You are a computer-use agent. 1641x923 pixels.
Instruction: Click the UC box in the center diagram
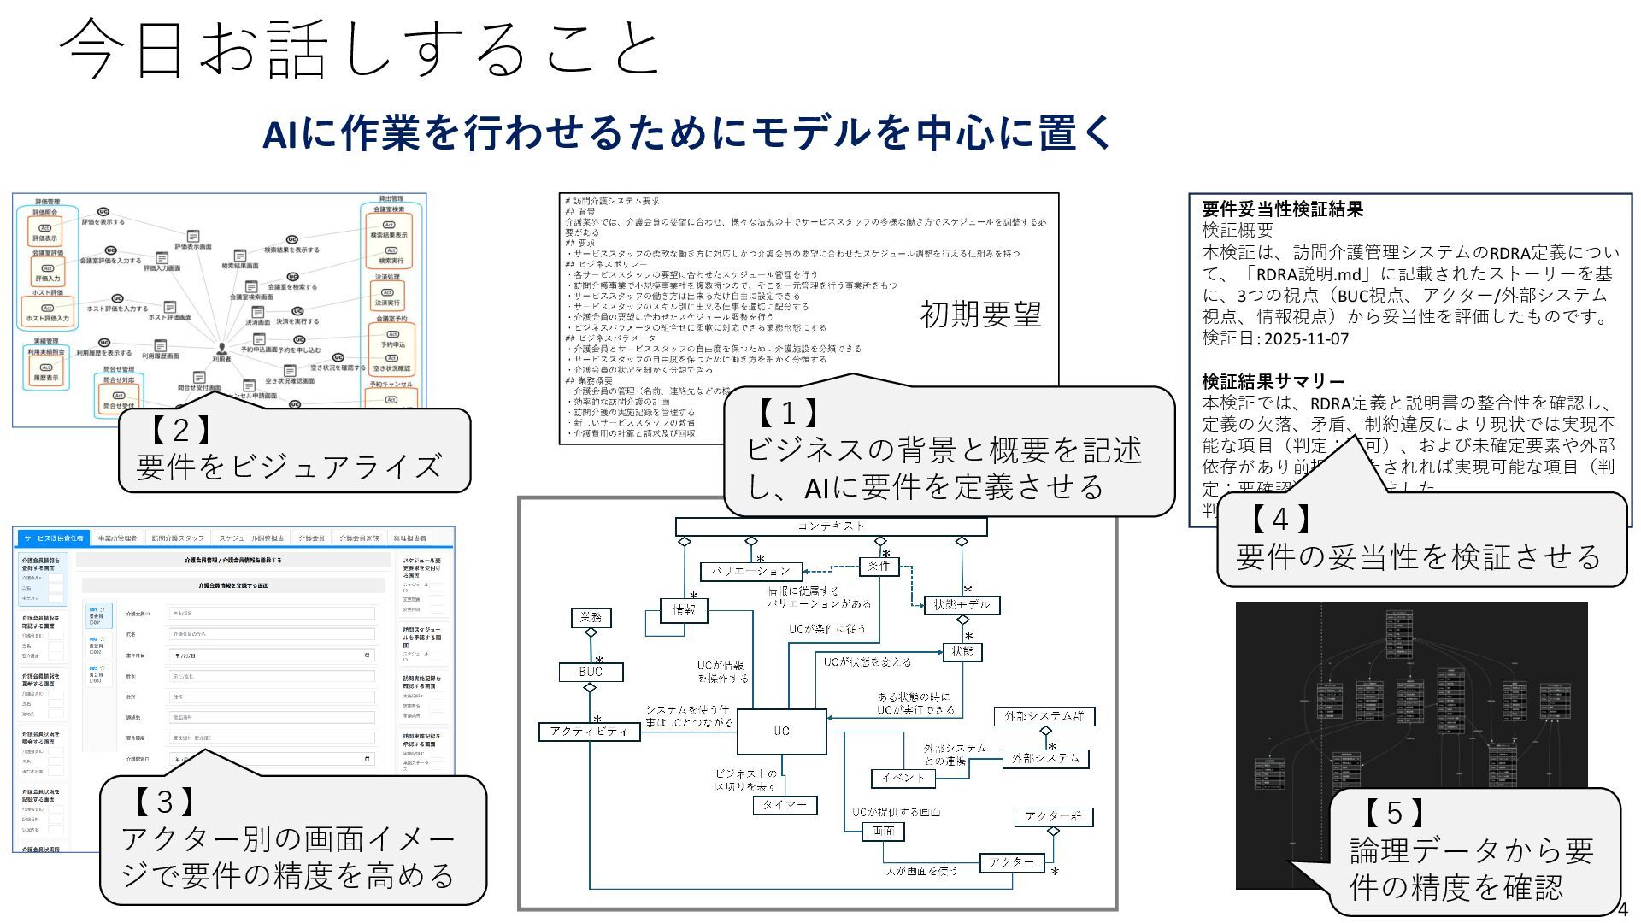point(781,732)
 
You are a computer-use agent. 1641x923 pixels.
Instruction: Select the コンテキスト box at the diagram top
point(831,526)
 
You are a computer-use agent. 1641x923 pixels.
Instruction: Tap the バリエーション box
point(750,571)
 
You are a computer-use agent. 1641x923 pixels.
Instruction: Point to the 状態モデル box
point(962,605)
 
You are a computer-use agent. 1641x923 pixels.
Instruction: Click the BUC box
point(591,673)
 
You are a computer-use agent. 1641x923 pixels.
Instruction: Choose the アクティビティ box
point(589,732)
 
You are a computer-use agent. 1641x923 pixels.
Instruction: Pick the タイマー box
point(785,805)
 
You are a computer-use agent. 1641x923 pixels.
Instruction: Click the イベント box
point(903,778)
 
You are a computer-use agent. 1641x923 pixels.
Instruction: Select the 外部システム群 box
point(1044,716)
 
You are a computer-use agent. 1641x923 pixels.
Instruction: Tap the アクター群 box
point(1053,817)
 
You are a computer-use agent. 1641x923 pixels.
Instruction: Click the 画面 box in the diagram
point(883,831)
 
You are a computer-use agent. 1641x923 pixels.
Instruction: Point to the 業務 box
point(591,617)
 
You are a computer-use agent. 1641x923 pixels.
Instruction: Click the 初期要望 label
point(980,315)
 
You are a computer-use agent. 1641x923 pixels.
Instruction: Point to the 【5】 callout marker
point(1393,811)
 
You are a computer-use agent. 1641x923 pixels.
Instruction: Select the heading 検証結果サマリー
point(1273,381)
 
